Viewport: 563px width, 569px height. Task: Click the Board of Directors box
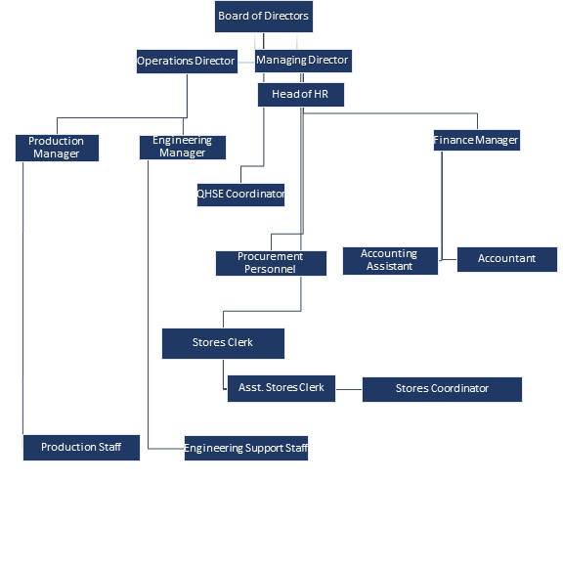[264, 17]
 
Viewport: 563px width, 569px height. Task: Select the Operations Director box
[188, 62]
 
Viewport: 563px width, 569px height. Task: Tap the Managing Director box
[303, 61]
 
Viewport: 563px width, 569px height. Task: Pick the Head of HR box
[301, 95]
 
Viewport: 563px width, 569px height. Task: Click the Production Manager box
[57, 148]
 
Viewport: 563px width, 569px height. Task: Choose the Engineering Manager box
[183, 148]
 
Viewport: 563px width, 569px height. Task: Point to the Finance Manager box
[477, 140]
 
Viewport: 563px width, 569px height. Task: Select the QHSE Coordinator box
[240, 195]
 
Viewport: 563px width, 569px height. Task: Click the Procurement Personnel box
[271, 263]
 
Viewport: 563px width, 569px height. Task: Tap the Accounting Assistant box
[390, 261]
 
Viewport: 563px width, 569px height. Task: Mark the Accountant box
[507, 259]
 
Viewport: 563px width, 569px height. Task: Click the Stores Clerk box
[223, 344]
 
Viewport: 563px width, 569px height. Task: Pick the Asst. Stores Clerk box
[281, 389]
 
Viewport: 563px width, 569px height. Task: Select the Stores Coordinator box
[442, 389]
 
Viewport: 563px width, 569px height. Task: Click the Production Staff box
[81, 448]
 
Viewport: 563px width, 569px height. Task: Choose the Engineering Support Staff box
[246, 448]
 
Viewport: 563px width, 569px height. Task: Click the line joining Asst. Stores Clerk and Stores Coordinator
[349, 389]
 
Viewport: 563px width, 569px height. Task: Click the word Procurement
[270, 256]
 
